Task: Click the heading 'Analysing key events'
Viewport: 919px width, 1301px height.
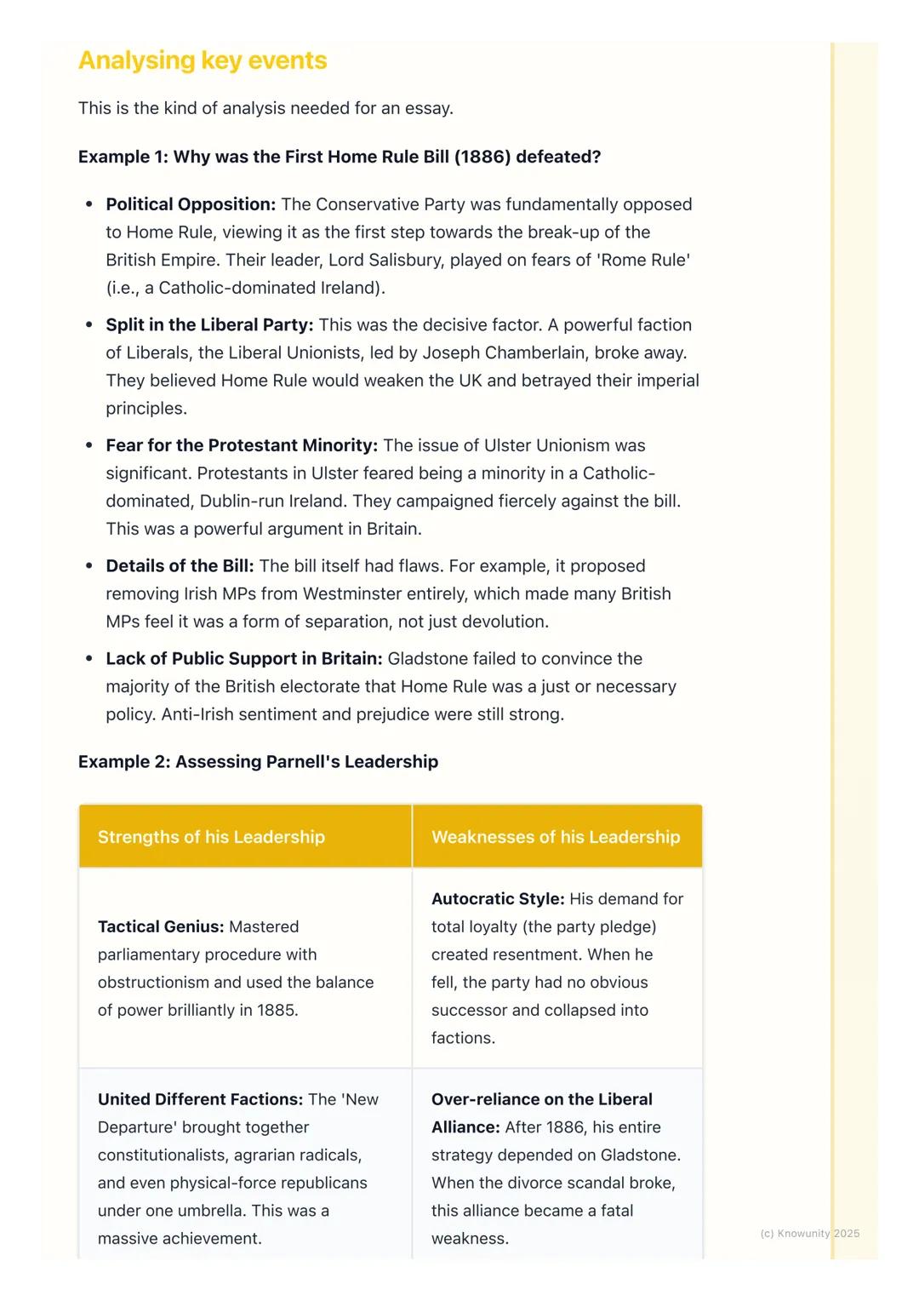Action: [x=203, y=60]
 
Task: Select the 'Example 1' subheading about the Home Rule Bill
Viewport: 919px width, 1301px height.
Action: [x=340, y=157]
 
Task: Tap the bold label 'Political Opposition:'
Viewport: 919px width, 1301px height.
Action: [x=191, y=204]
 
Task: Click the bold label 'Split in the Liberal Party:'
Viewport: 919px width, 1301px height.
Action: [x=209, y=324]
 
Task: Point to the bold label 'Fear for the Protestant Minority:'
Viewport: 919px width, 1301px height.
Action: [x=242, y=445]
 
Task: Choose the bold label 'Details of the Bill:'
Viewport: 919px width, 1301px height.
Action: [x=180, y=566]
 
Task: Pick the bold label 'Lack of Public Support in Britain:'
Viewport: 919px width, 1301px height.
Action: [x=243, y=658]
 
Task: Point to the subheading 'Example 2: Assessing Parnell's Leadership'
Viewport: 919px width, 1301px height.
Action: [x=258, y=761]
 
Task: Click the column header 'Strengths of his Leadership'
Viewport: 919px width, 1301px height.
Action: [x=211, y=837]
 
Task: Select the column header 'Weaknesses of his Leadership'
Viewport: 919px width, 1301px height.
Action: [x=556, y=837]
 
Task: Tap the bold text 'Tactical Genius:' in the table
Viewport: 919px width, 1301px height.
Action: [x=161, y=926]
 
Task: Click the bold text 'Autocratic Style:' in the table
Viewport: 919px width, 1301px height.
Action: [x=498, y=898]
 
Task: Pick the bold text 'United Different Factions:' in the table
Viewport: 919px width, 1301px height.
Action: [x=200, y=1099]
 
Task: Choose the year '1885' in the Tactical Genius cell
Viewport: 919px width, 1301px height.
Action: [x=276, y=1010]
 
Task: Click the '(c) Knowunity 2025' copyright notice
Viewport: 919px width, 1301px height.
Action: [x=809, y=1233]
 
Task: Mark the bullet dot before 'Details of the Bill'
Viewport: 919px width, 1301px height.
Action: [x=88, y=566]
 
